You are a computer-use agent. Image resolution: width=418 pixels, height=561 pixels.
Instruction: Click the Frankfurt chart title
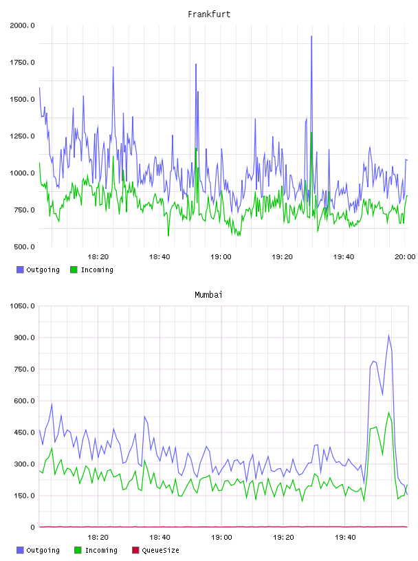[x=209, y=14]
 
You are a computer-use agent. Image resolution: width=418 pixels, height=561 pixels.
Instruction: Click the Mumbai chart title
[x=208, y=295]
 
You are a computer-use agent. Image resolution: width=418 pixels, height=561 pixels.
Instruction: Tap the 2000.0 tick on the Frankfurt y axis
[x=22, y=25]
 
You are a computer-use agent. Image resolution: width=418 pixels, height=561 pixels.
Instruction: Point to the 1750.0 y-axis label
[x=22, y=63]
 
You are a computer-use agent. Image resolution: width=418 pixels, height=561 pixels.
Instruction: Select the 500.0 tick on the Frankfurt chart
[x=24, y=247]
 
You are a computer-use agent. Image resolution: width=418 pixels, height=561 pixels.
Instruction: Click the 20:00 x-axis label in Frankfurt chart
[x=405, y=257]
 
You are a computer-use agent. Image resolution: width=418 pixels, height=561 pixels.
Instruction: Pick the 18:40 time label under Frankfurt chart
[x=159, y=257]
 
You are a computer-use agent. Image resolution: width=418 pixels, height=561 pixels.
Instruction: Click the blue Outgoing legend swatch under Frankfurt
[x=20, y=269]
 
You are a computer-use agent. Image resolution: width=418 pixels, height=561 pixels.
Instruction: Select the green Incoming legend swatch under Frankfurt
[x=74, y=269]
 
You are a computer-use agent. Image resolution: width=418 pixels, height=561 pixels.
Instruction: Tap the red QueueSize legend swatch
[x=135, y=550]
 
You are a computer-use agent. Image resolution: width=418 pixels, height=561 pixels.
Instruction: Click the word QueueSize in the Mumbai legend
[x=160, y=550]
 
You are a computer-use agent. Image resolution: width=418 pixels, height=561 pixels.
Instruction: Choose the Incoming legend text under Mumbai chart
[x=101, y=550]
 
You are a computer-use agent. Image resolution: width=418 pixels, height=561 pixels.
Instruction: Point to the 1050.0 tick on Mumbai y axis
[x=22, y=306]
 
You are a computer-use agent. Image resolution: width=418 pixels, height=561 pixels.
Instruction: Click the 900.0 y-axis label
[x=24, y=338]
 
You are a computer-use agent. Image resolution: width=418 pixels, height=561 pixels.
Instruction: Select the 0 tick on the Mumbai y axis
[x=32, y=527]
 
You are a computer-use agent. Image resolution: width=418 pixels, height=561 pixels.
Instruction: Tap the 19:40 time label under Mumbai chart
[x=345, y=538]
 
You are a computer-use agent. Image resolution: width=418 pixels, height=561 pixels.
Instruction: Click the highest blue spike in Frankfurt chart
[x=311, y=36]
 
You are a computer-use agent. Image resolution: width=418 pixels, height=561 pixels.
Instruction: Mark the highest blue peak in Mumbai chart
[x=388, y=335]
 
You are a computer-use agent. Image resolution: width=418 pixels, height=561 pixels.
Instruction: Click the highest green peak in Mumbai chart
[x=388, y=412]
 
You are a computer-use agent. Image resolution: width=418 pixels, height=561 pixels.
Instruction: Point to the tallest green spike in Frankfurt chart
[x=311, y=133]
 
